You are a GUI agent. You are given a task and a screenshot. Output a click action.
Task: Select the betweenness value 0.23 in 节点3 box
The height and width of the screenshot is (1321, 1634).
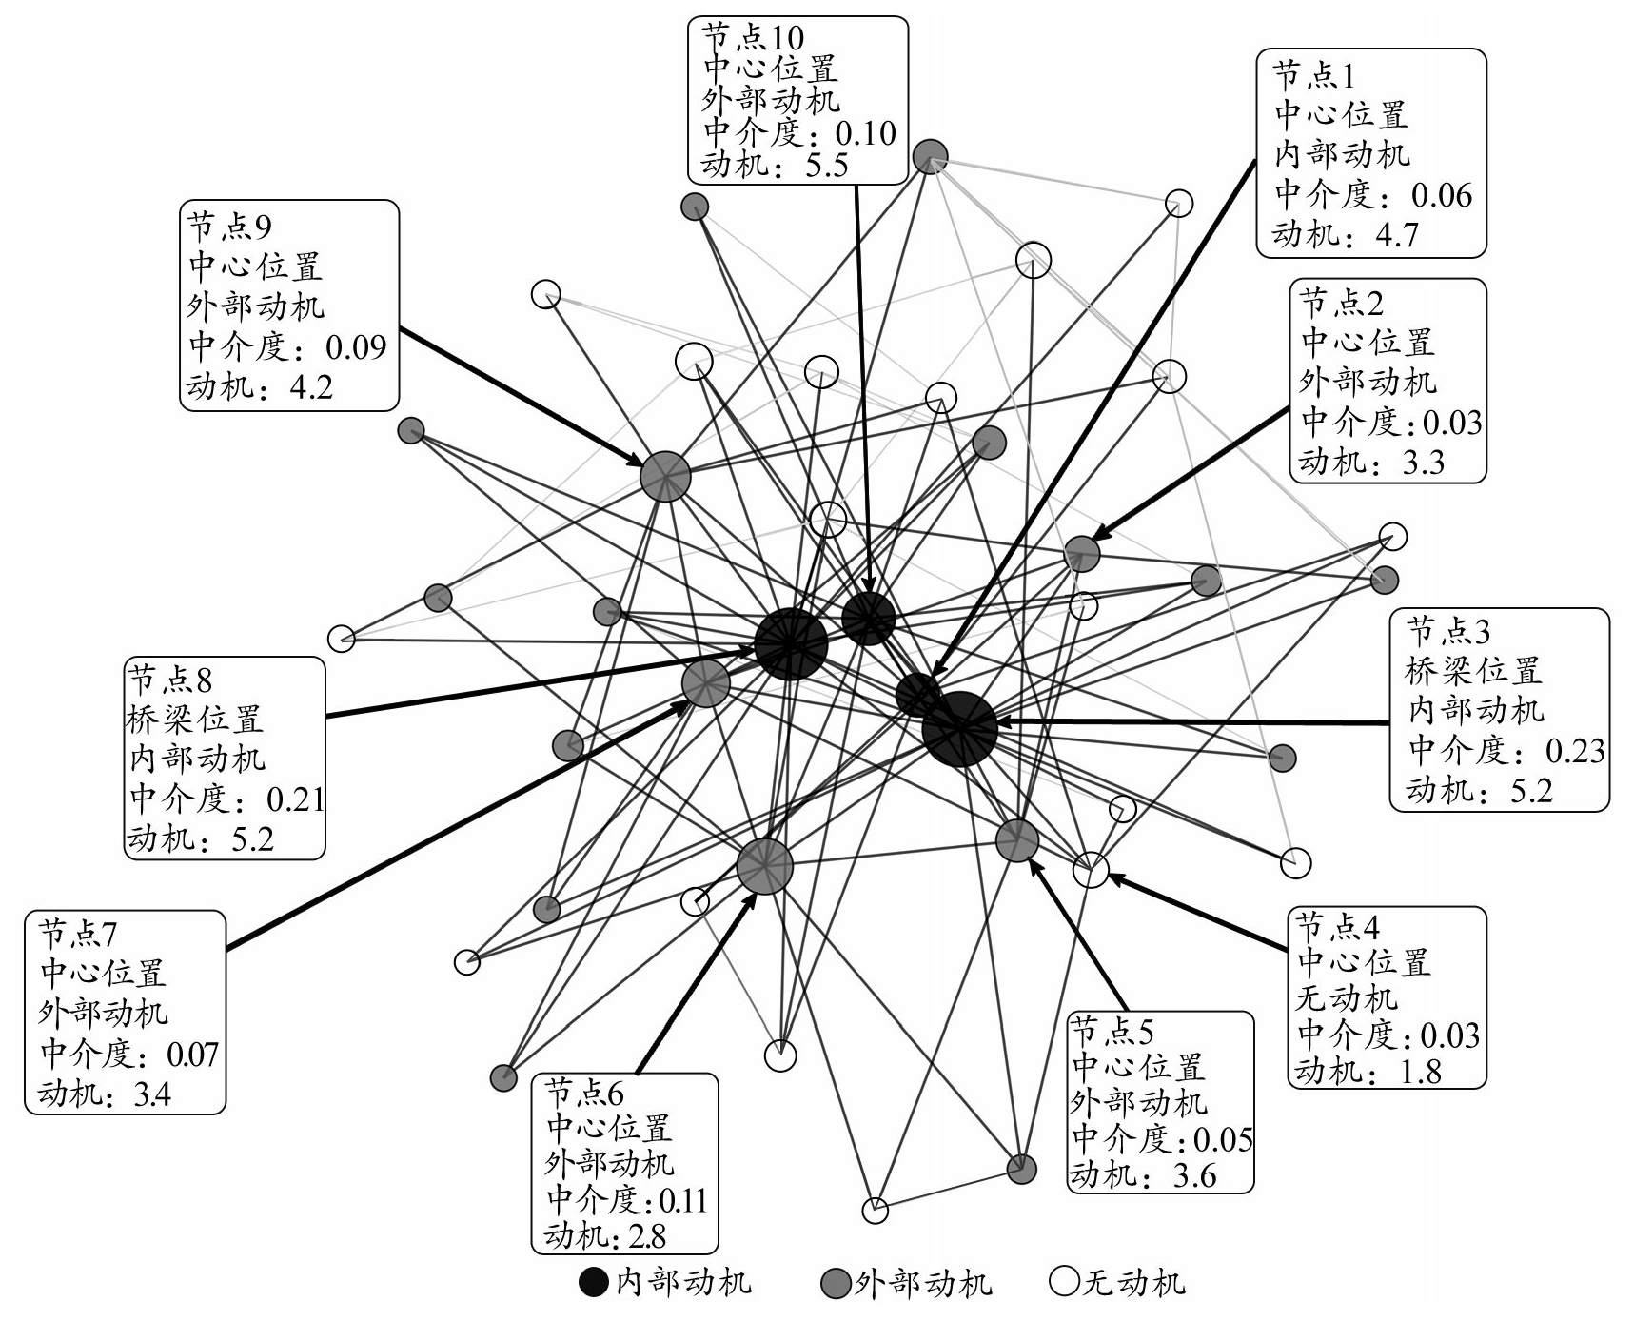pos(1574,751)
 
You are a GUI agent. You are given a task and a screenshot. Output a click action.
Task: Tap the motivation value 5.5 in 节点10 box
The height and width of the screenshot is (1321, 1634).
pos(826,166)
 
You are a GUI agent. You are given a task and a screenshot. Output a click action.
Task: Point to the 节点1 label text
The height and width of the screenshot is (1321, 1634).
pos(1314,75)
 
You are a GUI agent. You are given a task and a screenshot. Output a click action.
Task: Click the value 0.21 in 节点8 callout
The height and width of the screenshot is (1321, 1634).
pos(295,799)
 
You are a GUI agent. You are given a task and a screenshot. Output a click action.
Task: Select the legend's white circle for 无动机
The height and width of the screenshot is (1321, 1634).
pos(1063,1282)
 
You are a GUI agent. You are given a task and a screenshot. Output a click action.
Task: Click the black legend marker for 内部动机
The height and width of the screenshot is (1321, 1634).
pos(594,1282)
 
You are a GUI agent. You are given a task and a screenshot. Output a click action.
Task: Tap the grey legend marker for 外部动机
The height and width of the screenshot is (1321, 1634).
pos(834,1282)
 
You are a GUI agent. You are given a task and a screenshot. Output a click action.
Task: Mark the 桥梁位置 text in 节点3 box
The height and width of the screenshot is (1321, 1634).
pos(1473,671)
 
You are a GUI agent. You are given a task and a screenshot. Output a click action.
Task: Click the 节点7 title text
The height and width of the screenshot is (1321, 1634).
pos(78,934)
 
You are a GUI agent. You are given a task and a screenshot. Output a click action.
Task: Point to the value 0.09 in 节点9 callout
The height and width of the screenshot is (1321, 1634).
pos(356,347)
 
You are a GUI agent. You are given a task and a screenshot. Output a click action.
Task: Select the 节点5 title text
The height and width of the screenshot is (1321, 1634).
pos(1112,1030)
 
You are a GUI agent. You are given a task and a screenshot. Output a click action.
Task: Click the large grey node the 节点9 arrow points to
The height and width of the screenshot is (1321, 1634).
pos(664,476)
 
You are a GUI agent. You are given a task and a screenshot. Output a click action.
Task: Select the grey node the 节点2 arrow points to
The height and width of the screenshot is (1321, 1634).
pos(1081,552)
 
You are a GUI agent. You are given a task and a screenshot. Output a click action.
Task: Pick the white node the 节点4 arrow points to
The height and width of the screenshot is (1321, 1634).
pos(1091,869)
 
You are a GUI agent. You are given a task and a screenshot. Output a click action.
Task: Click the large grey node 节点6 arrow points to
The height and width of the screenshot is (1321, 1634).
pos(764,866)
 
